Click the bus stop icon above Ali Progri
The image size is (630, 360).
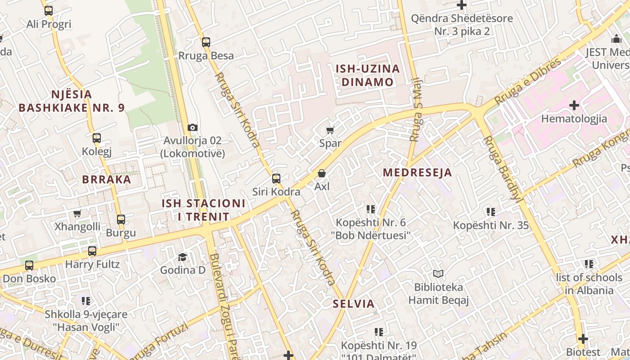click(49, 11)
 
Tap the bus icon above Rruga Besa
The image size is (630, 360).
click(206, 42)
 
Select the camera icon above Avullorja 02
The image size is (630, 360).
click(193, 128)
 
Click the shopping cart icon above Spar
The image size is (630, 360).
click(330, 130)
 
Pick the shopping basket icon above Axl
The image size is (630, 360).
click(322, 173)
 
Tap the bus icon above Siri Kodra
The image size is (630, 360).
click(276, 179)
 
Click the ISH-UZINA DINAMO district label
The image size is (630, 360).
click(368, 75)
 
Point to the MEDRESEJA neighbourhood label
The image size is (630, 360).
click(417, 173)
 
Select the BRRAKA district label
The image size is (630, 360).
click(107, 180)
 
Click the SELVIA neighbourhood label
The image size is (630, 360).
click(354, 304)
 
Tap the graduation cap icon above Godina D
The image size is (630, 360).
click(182, 257)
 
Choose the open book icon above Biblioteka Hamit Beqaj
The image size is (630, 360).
click(438, 274)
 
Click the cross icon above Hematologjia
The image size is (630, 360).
click(574, 105)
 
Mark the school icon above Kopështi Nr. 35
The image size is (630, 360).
click(490, 211)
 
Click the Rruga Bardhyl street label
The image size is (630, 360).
click(503, 168)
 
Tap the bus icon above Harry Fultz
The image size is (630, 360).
click(92, 251)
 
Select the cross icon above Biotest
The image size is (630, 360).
click(583, 338)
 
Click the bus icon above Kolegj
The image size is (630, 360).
click(97, 138)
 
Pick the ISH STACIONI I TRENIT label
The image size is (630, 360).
click(204, 210)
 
